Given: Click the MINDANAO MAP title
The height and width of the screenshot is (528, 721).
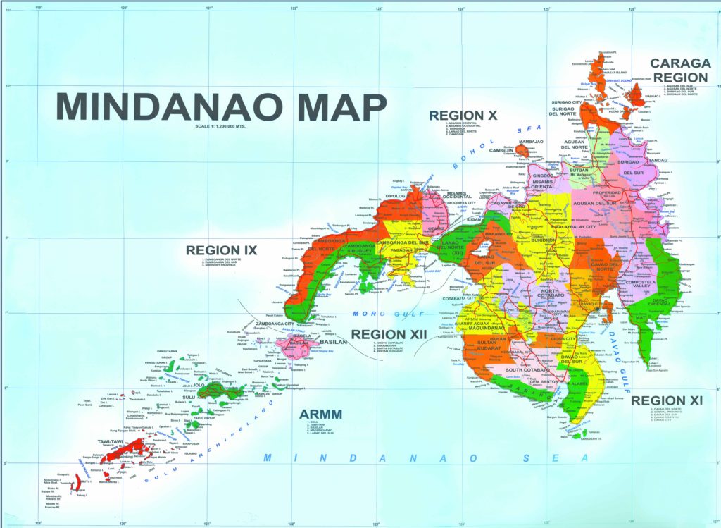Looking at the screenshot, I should click(221, 107).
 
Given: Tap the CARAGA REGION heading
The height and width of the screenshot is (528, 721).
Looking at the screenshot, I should click(679, 70).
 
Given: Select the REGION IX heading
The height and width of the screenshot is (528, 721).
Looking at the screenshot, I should click(221, 250).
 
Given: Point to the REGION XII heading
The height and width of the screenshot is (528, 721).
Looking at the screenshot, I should click(389, 334).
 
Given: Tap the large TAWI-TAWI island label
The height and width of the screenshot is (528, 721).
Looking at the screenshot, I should click(111, 442).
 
